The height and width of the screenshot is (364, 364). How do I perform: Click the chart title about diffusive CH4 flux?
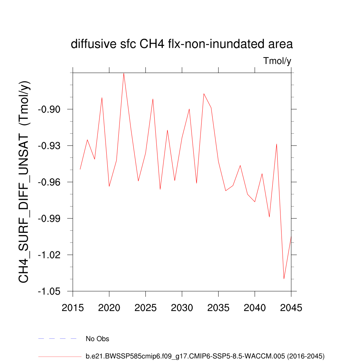(x=182, y=44)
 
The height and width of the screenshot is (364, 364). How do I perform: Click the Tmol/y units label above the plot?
(x=277, y=61)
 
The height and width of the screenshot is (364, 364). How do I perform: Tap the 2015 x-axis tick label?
(x=73, y=307)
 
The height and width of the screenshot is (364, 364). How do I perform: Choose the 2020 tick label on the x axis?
(x=109, y=307)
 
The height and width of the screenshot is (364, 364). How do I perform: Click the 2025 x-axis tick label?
(x=146, y=307)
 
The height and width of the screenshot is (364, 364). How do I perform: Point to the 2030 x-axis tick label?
(x=182, y=307)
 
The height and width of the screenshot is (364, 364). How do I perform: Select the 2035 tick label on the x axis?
(x=218, y=307)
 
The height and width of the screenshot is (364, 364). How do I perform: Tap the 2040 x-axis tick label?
(x=255, y=307)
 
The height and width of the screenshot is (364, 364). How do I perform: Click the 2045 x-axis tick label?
(x=291, y=307)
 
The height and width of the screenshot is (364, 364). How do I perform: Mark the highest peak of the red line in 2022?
(x=124, y=73)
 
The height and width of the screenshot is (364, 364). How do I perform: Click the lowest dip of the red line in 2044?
(x=284, y=279)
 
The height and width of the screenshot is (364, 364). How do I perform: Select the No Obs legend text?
(x=97, y=339)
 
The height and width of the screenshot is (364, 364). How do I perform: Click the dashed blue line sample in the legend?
(x=58, y=339)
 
